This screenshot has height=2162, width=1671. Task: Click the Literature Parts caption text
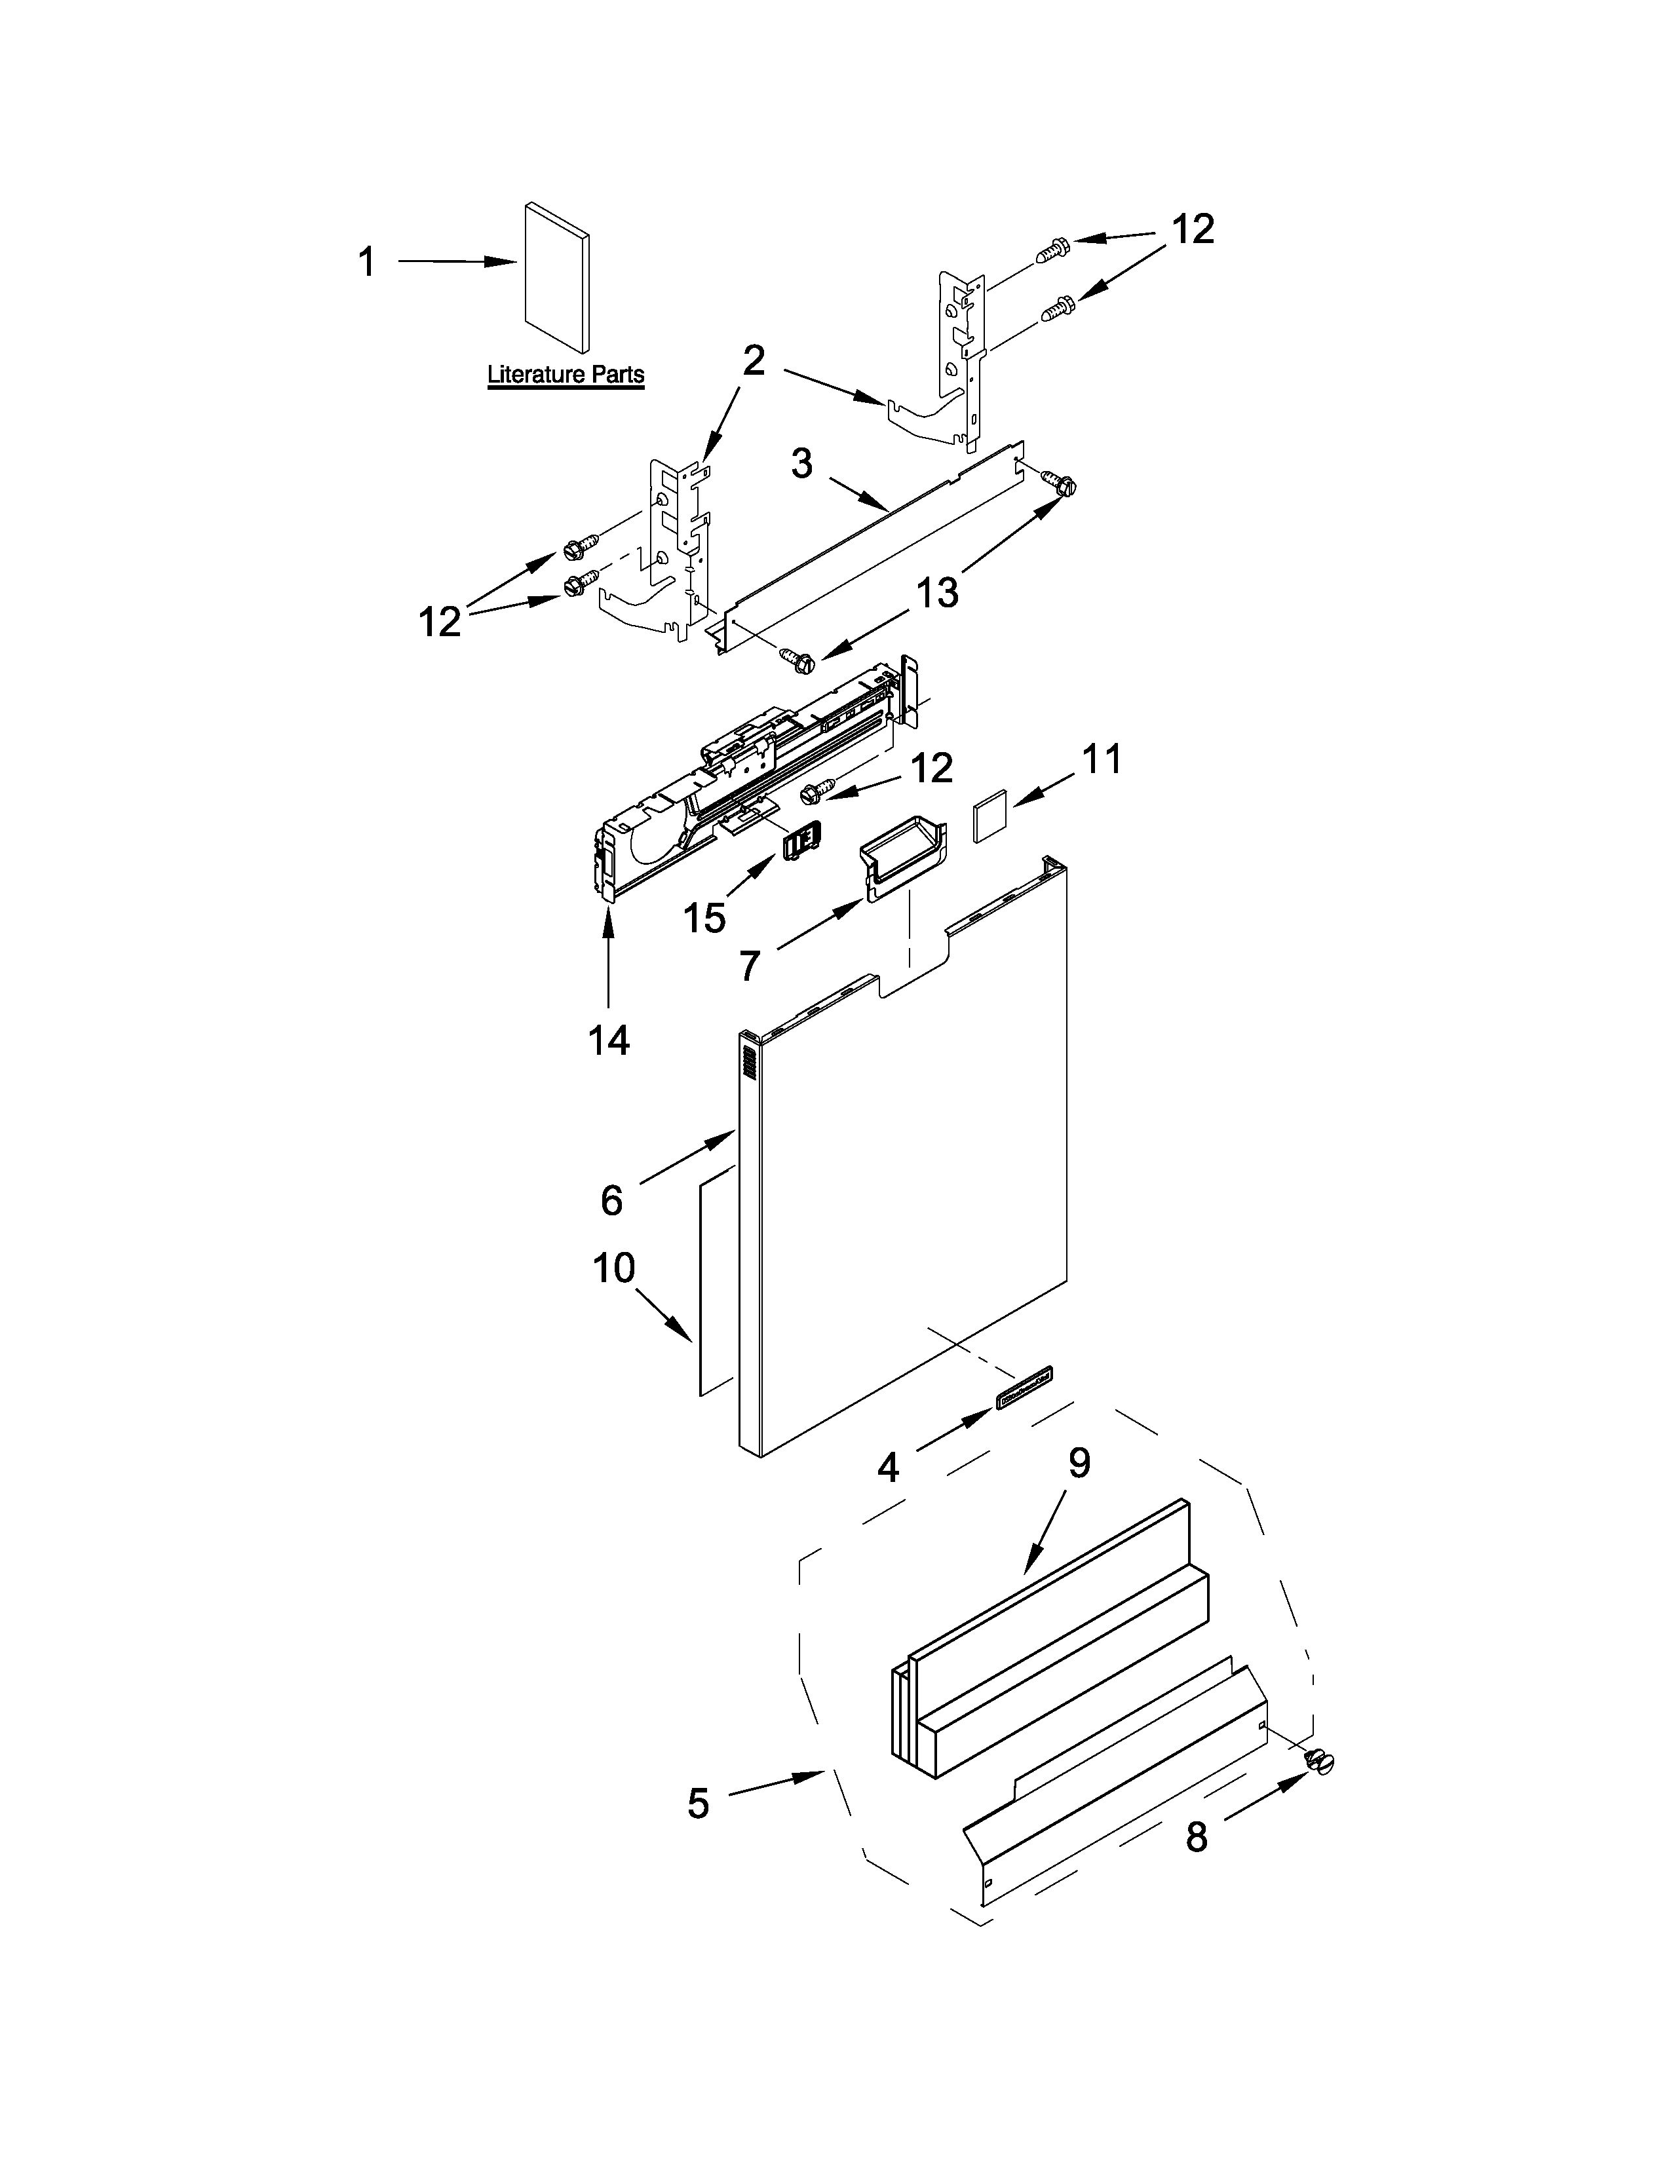point(566,375)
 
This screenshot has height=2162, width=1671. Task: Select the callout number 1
point(367,262)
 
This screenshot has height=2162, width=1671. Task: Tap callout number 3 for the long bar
point(802,463)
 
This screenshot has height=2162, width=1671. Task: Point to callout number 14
point(608,1040)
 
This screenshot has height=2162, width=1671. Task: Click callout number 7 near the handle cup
point(750,965)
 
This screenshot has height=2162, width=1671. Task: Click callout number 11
point(1101,760)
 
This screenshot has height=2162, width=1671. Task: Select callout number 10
point(614,1268)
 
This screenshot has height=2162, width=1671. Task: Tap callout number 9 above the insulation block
point(1079,1462)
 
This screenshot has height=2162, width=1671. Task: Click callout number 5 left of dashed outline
point(699,1804)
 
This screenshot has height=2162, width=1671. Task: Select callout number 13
point(936,593)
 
